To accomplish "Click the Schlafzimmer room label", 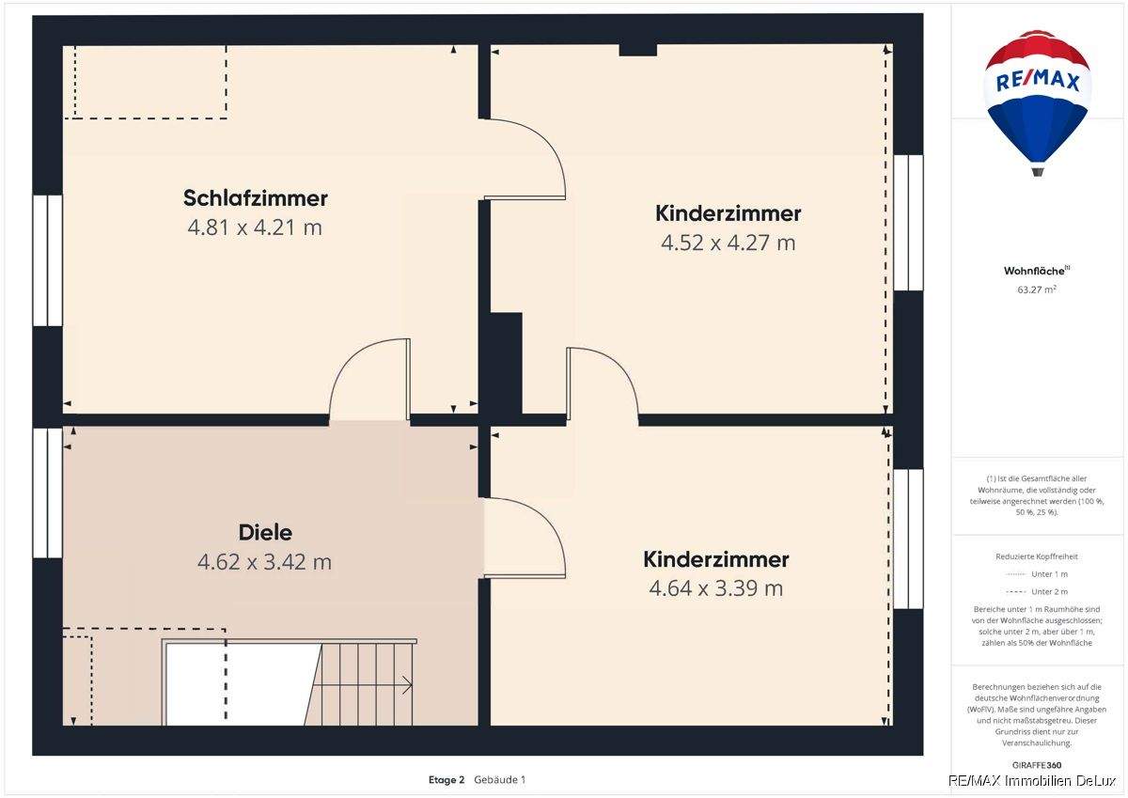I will pyautogui.click(x=255, y=198).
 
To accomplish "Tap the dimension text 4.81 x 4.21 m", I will pyautogui.click(x=255, y=227).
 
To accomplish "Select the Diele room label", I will pyautogui.click(x=264, y=533).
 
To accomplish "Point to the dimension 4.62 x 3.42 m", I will pyautogui.click(x=264, y=562).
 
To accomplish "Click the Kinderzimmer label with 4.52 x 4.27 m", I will pyautogui.click(x=728, y=213).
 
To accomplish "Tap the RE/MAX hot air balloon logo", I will pyautogui.click(x=1037, y=99).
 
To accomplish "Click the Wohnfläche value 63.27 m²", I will pyautogui.click(x=1037, y=289).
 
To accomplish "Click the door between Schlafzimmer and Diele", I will pyautogui.click(x=369, y=381).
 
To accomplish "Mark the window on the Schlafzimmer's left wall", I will pyautogui.click(x=47, y=260).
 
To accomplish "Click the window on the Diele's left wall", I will pyautogui.click(x=47, y=493).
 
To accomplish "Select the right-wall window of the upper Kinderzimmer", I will pyautogui.click(x=907, y=223).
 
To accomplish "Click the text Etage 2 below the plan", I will pyautogui.click(x=446, y=779).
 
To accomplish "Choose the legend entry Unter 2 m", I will pyautogui.click(x=1048, y=591).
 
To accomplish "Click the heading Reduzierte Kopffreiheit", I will pyautogui.click(x=1037, y=556).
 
